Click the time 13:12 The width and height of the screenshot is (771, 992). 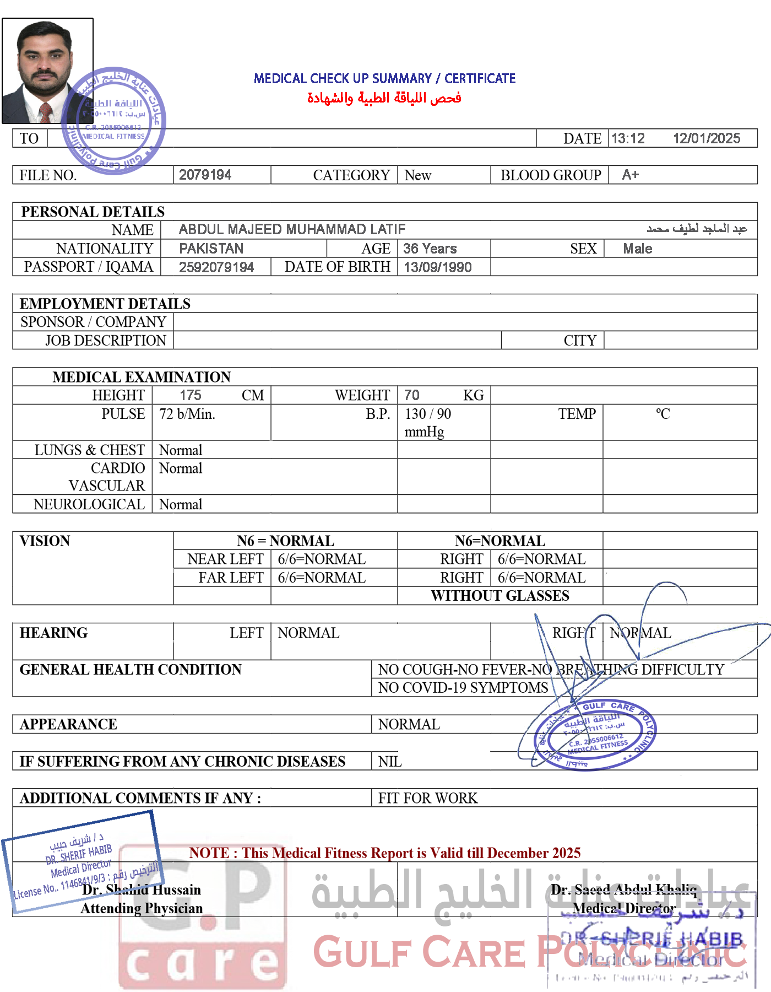point(628,138)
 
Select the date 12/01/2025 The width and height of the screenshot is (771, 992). point(707,138)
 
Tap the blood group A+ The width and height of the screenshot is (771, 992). point(630,175)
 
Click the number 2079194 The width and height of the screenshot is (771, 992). point(205,175)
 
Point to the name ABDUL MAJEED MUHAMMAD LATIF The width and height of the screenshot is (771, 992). point(292,229)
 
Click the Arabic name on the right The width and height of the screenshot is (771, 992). point(697,228)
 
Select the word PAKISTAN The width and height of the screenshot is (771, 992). point(211,249)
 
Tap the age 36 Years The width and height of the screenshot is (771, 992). point(430,249)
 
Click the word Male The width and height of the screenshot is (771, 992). point(637,249)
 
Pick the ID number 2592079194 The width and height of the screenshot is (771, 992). point(216,267)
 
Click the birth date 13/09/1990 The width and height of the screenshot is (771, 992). point(437,267)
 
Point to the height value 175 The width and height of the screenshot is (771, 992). point(191,395)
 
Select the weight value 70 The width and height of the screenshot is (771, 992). point(411,395)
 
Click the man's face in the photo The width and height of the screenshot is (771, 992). point(45,61)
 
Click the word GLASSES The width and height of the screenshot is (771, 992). point(541,596)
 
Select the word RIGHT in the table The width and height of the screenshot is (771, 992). point(573,633)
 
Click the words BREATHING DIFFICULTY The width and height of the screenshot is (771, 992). point(642,669)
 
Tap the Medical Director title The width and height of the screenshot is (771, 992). point(624,908)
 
